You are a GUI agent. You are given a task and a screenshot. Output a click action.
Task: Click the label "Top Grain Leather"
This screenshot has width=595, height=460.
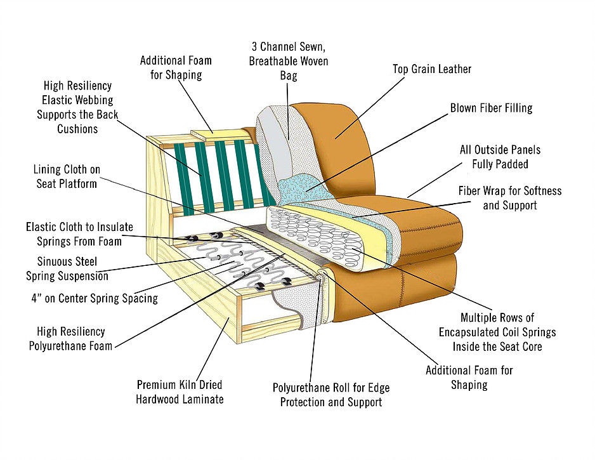point(432,69)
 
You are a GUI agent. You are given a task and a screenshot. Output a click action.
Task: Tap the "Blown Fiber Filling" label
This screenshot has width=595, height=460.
point(491,108)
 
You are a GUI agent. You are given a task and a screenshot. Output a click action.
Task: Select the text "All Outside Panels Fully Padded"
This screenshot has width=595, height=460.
point(500,157)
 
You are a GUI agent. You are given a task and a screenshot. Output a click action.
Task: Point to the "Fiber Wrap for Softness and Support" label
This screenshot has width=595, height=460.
point(509,198)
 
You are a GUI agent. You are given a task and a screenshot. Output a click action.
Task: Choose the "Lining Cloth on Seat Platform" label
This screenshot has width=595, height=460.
point(67,176)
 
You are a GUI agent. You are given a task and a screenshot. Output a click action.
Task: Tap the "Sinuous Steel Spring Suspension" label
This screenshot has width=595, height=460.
point(67,268)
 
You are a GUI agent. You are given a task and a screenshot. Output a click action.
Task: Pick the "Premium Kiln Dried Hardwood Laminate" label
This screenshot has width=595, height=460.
point(180,392)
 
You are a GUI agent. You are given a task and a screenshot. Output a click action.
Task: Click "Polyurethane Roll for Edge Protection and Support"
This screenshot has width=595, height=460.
point(331,395)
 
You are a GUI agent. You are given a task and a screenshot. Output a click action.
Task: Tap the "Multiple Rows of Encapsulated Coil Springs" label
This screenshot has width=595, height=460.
point(497,332)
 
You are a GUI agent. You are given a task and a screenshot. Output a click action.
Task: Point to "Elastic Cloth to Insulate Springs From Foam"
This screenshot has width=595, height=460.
point(74,233)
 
